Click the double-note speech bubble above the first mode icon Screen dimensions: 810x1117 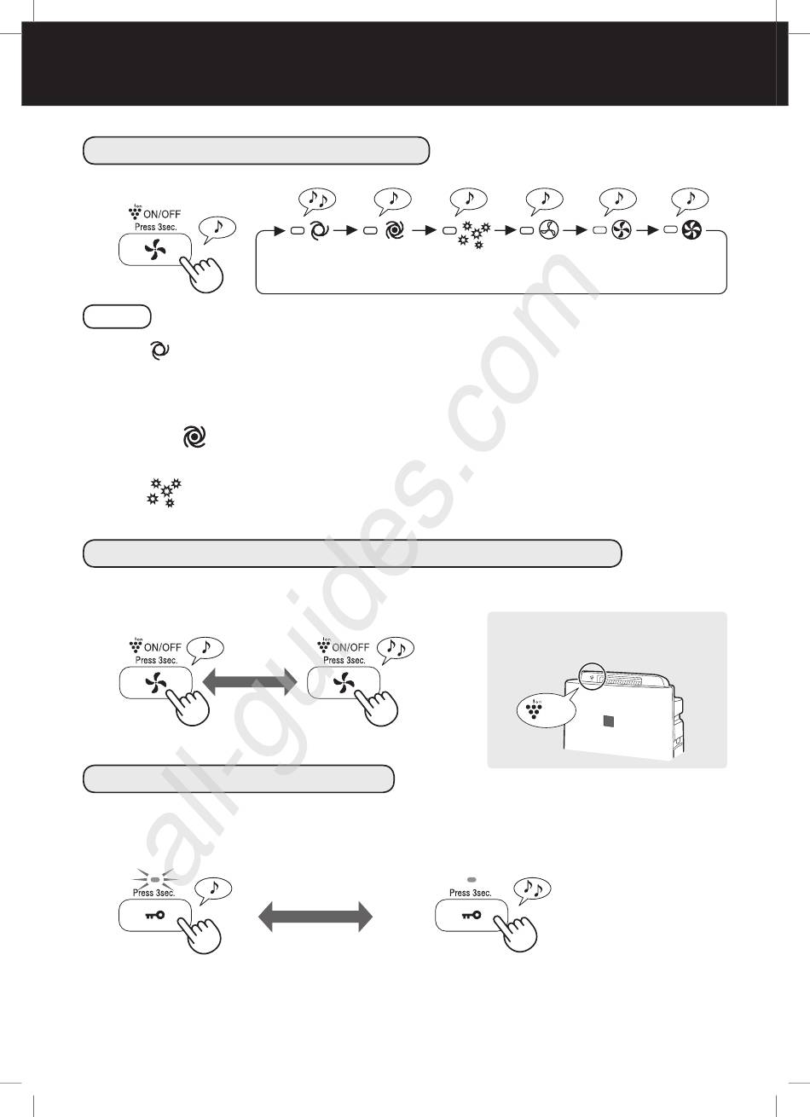tap(317, 200)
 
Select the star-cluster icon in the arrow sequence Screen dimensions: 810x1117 tap(474, 235)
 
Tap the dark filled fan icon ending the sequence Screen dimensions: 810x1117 tap(691, 230)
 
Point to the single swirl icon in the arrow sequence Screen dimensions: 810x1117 tap(319, 230)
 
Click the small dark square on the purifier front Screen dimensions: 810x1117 tap(609, 721)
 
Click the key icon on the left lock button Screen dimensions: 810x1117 tap(154, 915)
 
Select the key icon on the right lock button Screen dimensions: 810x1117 tap(472, 915)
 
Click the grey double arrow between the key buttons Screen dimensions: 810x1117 tap(315, 917)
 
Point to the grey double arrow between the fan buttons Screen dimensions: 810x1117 tap(251, 682)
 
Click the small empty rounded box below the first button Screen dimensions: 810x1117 tap(117, 316)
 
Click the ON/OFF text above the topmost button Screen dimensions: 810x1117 tap(162, 214)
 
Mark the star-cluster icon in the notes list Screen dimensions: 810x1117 tap(164, 493)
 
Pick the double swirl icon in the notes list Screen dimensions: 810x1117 tap(194, 437)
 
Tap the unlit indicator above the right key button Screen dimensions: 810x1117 tap(472, 880)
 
